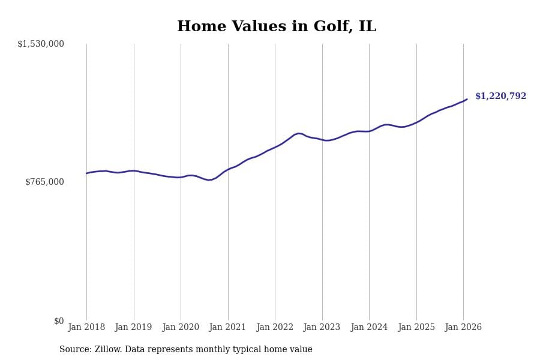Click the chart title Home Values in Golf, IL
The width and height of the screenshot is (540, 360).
276,27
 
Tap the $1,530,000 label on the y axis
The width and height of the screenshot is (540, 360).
41,44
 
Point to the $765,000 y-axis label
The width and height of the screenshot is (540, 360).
44,182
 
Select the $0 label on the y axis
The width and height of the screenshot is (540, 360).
59,321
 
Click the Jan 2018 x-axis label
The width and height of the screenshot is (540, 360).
86,328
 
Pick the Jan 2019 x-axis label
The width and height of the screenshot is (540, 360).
133,328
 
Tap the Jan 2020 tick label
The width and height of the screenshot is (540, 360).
181,328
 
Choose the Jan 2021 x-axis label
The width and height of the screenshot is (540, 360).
227,328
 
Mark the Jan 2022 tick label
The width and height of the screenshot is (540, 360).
275,328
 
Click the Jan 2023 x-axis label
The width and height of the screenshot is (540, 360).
322,328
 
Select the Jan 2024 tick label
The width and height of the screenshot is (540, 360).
369,328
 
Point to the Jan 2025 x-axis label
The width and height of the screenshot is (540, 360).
416,328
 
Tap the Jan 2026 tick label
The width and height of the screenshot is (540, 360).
463,328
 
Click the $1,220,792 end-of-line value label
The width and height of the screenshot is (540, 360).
500,97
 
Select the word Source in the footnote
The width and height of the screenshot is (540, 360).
75,350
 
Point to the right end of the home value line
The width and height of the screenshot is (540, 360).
467,99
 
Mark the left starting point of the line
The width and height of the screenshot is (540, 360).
86,173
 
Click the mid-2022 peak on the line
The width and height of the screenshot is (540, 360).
299,133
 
